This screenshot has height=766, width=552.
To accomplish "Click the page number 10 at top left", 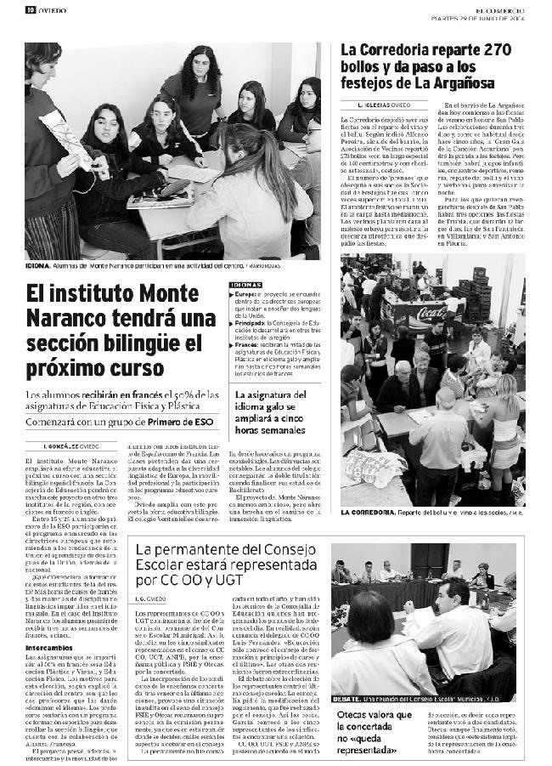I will click(30, 10).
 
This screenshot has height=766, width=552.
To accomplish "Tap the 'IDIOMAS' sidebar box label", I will click(245, 285).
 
